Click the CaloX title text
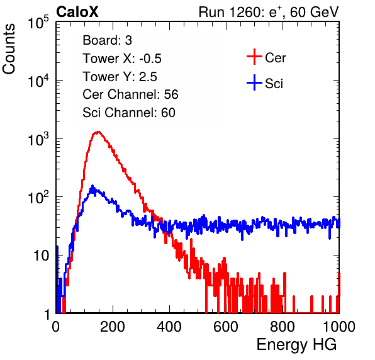77,12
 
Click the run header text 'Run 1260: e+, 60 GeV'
269,12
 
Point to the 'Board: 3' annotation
107,40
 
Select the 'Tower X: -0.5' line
122,59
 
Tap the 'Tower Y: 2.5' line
120,77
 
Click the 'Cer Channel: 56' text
130,94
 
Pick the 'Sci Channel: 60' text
129,113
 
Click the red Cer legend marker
254,57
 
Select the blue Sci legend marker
254,83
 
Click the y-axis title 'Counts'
9,49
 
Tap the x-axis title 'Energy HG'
296,345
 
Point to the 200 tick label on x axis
113,327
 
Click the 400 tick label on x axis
169,327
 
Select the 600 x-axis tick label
226,327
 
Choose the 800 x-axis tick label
283,327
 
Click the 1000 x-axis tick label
339,327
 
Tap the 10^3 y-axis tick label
38,139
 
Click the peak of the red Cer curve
98,132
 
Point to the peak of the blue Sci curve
92,186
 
